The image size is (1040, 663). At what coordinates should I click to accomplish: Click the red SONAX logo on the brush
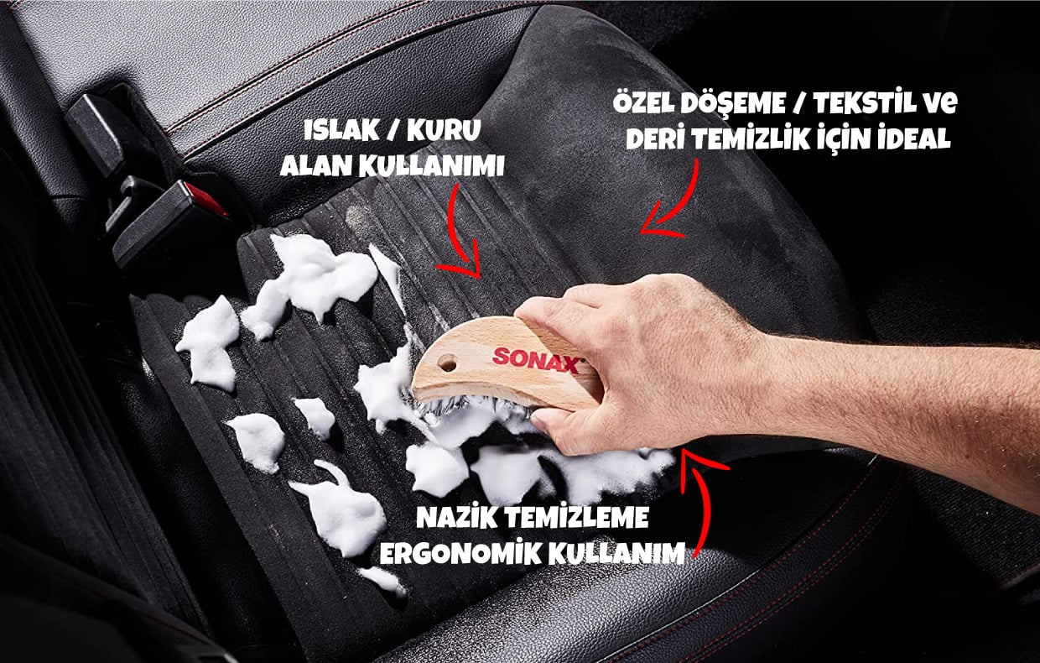point(537,360)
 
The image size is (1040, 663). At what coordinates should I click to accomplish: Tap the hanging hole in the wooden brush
point(448,363)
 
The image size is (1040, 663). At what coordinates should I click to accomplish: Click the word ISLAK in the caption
point(341,131)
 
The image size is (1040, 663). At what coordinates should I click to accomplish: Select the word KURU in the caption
point(444,131)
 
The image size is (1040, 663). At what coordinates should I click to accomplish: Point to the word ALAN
point(316,166)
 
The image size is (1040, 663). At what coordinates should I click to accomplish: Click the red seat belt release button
point(205,199)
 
